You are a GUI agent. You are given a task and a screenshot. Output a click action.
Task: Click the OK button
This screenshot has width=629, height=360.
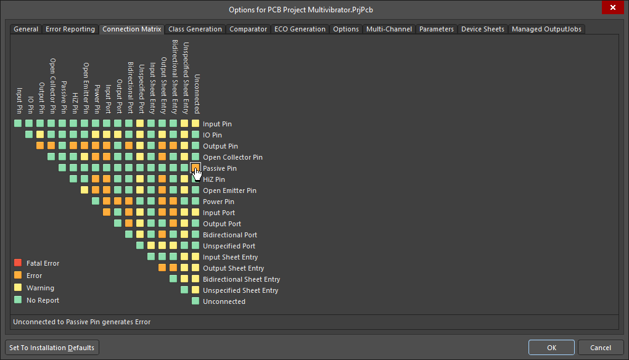pos(551,348)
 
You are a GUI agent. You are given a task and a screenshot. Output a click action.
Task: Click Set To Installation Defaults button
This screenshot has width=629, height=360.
pos(52,348)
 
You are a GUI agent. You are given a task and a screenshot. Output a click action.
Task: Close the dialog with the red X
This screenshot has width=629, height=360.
pos(612,9)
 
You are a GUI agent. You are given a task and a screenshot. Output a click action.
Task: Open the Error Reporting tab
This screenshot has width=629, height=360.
pos(70,29)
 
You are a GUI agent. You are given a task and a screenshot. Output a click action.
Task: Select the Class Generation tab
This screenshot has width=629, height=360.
pos(195,29)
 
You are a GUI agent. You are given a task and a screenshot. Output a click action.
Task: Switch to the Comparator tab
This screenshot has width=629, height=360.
pos(248,29)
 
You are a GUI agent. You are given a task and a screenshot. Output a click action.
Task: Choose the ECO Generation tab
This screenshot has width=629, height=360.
pos(300,29)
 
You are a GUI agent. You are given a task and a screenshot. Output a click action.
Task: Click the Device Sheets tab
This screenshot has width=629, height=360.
pos(482,29)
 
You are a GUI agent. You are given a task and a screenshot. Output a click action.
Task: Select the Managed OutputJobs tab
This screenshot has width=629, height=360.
pos(546,29)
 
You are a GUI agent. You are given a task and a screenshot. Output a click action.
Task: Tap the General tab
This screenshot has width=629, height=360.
pos(26,29)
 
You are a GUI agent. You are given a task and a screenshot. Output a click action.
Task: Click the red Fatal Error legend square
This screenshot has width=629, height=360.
pos(18,263)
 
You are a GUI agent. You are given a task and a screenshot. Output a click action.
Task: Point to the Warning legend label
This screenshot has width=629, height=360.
pos(40,288)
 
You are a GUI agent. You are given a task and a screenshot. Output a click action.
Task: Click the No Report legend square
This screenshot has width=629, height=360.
pos(18,300)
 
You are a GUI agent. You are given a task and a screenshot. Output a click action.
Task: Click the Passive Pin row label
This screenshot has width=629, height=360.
pos(220,168)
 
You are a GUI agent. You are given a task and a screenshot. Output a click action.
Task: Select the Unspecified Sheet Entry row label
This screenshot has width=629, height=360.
pos(240,290)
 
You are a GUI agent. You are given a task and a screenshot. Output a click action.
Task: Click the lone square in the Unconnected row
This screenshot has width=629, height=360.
pos(195,301)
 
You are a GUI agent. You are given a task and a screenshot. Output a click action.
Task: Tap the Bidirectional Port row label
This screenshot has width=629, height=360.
pos(230,235)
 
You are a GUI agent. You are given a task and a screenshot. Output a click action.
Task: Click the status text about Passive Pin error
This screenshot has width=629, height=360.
pos(81,322)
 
